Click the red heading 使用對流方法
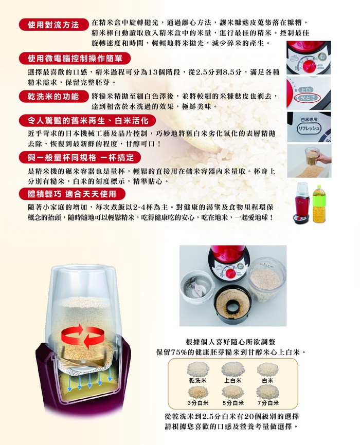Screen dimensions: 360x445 pos(53,25)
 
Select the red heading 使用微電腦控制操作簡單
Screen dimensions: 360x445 pos(75,59)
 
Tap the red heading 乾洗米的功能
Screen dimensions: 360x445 pos(53,97)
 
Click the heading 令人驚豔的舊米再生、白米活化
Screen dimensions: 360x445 pos(88,121)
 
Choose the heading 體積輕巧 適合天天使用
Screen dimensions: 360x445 pos(72,194)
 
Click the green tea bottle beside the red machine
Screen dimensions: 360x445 pos(319,204)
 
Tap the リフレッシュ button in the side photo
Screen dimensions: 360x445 pos(309,128)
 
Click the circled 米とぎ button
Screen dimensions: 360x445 pos(307,98)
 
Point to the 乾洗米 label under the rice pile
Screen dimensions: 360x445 pos(198,380)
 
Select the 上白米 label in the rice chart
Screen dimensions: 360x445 pos(232,380)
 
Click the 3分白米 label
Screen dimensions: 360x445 pos(198,403)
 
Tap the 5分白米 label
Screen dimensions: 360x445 pos(233,403)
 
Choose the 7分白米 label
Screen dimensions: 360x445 pos(268,403)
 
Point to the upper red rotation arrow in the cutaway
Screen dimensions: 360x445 pos(74,332)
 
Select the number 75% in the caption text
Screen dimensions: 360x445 pos(178,353)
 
